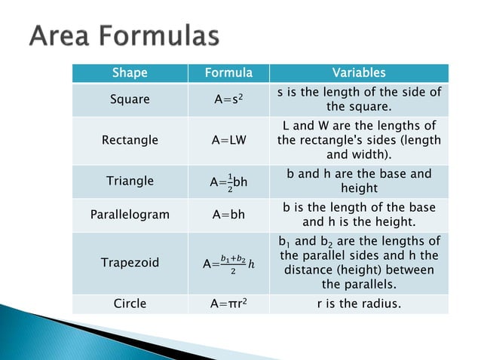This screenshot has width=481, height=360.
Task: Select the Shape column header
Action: (x=130, y=73)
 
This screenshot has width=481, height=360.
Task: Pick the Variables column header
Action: (x=359, y=73)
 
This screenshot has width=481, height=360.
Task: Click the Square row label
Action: (x=130, y=99)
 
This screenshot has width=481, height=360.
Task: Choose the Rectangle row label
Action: (x=130, y=140)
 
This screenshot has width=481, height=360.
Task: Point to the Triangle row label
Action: (x=130, y=181)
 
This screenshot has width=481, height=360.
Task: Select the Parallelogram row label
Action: (x=130, y=215)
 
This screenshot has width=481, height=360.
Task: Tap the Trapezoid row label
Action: (x=130, y=263)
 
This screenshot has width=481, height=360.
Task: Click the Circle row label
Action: (x=130, y=304)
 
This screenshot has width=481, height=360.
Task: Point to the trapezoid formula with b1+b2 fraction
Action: (x=228, y=264)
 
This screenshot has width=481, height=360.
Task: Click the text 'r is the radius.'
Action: (x=359, y=304)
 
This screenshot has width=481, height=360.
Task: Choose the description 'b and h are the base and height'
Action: (x=359, y=181)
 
